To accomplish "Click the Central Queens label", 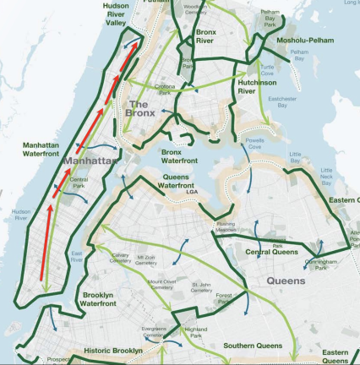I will [x=268, y=252].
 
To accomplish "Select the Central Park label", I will [x=79, y=182].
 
